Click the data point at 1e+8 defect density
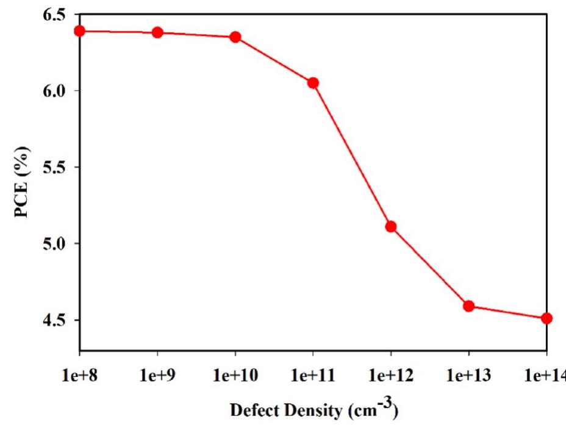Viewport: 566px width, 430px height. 79,31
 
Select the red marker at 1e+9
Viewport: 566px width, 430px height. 157,32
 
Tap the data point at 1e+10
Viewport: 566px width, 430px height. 235,37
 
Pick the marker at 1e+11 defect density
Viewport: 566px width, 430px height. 313,83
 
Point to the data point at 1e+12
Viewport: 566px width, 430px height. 391,227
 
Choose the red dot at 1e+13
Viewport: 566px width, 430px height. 469,306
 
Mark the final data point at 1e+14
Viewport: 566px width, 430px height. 546,318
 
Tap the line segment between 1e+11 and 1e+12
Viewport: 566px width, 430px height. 352,155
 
